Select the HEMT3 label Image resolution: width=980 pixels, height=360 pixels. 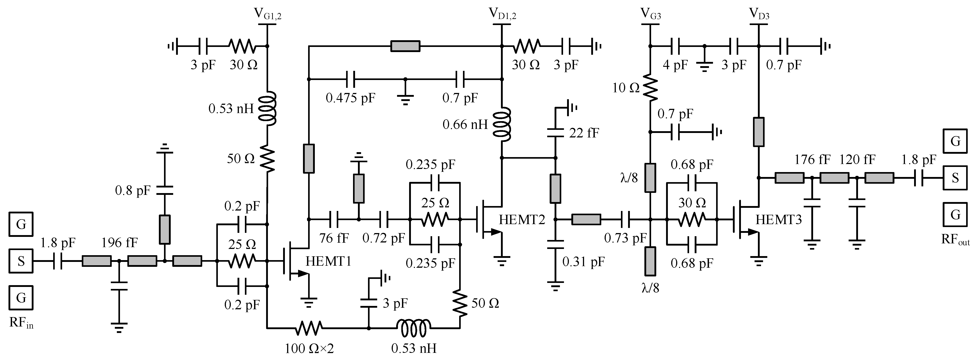(x=778, y=220)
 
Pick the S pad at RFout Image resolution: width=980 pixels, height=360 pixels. (x=955, y=178)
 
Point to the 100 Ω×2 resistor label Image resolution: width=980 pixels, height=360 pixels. (x=309, y=348)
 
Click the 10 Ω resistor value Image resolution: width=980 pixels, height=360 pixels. (x=626, y=88)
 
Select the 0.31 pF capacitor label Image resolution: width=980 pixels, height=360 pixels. (x=583, y=262)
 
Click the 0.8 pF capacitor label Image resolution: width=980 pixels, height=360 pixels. (x=133, y=190)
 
